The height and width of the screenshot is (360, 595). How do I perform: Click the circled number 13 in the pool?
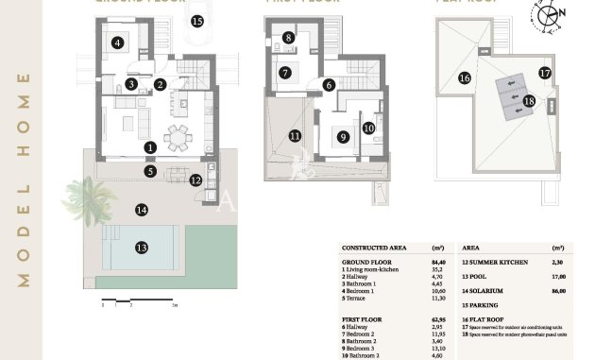pyautogui.click(x=141, y=248)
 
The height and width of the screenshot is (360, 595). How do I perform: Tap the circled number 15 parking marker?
pyautogui.click(x=196, y=20)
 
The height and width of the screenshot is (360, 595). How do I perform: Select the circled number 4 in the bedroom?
pyautogui.click(x=117, y=43)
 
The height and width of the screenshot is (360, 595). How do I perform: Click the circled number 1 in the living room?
pyautogui.click(x=150, y=147)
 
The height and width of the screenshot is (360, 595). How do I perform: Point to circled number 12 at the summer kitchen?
pyautogui.click(x=195, y=180)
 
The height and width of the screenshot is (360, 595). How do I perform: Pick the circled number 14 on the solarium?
pyautogui.click(x=141, y=210)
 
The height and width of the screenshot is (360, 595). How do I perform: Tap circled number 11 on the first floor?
pyautogui.click(x=296, y=136)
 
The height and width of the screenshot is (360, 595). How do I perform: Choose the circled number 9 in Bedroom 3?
pyautogui.click(x=342, y=136)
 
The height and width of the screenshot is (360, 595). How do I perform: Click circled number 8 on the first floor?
pyautogui.click(x=288, y=38)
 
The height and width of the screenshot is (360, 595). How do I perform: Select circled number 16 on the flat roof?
pyautogui.click(x=464, y=78)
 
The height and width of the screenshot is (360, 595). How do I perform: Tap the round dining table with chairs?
pyautogui.click(x=176, y=138)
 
